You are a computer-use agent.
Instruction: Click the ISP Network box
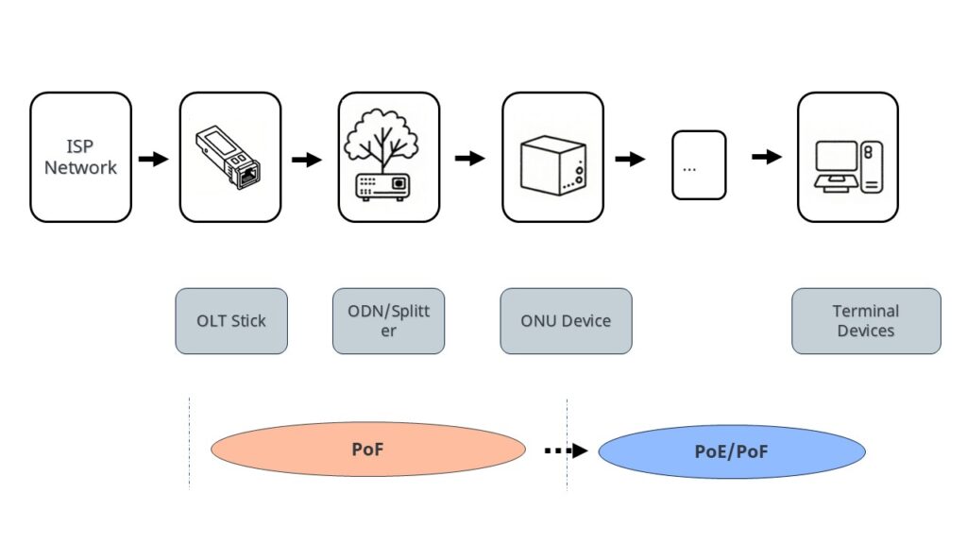click(80, 157)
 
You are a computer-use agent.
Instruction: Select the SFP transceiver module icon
click(229, 157)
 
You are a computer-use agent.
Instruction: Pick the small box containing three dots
click(699, 165)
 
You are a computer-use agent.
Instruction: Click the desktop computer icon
click(847, 165)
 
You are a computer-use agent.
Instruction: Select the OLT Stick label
click(231, 321)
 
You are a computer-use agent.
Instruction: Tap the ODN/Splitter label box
click(388, 321)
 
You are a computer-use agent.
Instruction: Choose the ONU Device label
click(566, 321)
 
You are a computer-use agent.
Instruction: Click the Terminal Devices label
click(866, 321)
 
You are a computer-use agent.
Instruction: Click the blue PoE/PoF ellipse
click(731, 451)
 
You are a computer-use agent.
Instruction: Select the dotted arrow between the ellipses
click(566, 450)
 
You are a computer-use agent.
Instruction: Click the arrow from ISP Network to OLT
click(153, 159)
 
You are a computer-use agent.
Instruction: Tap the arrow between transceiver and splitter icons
click(306, 160)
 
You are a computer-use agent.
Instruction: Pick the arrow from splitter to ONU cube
click(469, 159)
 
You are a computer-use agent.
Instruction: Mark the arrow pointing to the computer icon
click(767, 156)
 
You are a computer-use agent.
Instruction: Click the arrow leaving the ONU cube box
click(630, 159)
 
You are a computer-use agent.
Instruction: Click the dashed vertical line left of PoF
click(189, 444)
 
